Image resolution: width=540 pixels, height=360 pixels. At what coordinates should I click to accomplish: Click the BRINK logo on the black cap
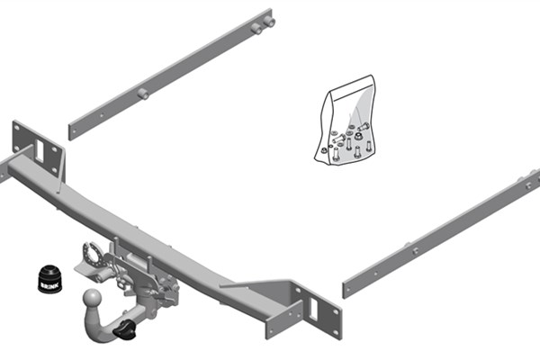click(x=50, y=285)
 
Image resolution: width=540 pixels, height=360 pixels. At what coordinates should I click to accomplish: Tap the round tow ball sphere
click(x=93, y=298)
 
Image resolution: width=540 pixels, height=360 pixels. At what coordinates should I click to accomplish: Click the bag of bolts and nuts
click(x=346, y=120)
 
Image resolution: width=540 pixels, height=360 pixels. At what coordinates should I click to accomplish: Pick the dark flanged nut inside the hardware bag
click(x=359, y=136)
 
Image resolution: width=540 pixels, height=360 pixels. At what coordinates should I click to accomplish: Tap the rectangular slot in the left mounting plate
click(x=40, y=151)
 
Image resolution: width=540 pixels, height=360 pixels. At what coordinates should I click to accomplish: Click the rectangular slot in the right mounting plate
click(x=313, y=309)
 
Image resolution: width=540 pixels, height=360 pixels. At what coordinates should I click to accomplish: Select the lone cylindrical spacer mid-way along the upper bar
click(x=143, y=94)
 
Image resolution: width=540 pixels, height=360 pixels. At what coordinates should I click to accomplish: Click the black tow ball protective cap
click(x=50, y=279)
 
